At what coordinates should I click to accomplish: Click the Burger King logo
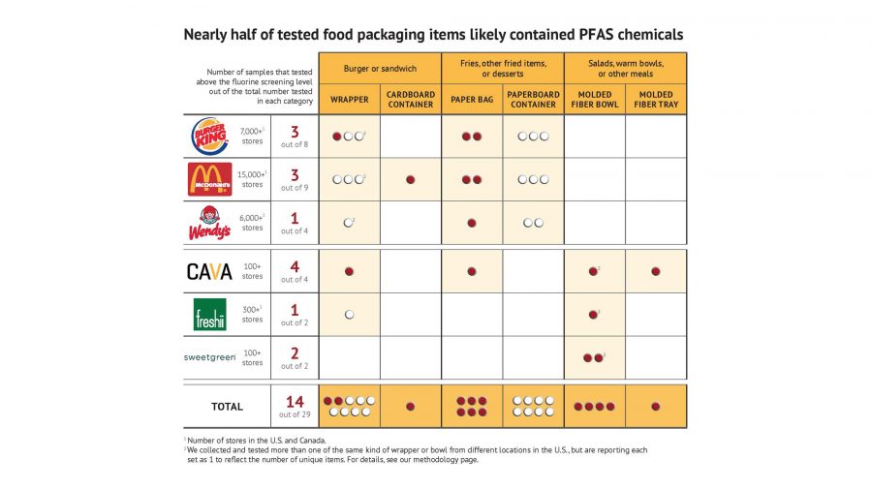pyautogui.click(x=209, y=137)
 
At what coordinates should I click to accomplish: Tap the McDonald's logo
pyautogui.click(x=209, y=179)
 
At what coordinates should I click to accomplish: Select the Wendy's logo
pyautogui.click(x=209, y=223)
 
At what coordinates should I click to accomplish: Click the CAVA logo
pyautogui.click(x=209, y=272)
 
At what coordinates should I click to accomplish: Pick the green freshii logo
pyautogui.click(x=209, y=315)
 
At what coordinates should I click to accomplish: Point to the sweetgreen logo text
pyautogui.click(x=209, y=357)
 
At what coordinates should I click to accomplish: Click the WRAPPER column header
pyautogui.click(x=349, y=100)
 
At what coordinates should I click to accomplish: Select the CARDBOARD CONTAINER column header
pyautogui.click(x=411, y=100)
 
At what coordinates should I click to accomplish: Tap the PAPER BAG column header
pyautogui.click(x=472, y=100)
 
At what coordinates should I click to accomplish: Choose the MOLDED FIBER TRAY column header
pyautogui.click(x=656, y=100)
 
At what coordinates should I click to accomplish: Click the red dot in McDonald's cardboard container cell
pyautogui.click(x=411, y=180)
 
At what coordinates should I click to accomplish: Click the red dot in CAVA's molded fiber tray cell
pyautogui.click(x=656, y=272)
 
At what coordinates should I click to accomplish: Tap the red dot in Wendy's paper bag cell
pyautogui.click(x=472, y=223)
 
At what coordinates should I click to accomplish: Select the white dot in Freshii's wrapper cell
pyautogui.click(x=349, y=315)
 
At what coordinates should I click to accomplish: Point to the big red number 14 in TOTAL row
pyautogui.click(x=295, y=402)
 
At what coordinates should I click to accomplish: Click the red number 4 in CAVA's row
pyautogui.click(x=295, y=267)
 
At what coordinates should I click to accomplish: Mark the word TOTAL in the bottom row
pyautogui.click(x=228, y=407)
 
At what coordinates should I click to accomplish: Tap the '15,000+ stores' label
pyautogui.click(x=253, y=179)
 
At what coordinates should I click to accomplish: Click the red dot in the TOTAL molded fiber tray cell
pyautogui.click(x=656, y=407)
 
